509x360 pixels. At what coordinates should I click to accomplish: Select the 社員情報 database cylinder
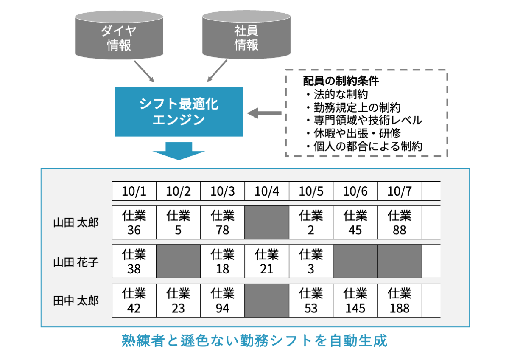(x=246, y=36)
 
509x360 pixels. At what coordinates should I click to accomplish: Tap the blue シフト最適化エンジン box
(x=179, y=112)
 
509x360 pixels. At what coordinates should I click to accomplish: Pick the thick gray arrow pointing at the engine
(x=264, y=113)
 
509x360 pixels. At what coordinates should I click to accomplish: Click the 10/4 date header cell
(x=267, y=192)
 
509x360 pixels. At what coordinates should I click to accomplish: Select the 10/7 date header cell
(x=400, y=192)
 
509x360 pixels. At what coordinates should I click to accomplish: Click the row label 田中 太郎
(x=76, y=301)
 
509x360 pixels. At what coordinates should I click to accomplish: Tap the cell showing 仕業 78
(x=222, y=223)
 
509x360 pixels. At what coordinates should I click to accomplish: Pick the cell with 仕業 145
(x=355, y=301)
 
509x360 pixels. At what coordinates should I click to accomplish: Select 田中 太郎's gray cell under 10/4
(x=267, y=301)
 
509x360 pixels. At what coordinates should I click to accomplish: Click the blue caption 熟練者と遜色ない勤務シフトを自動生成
(x=255, y=341)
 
